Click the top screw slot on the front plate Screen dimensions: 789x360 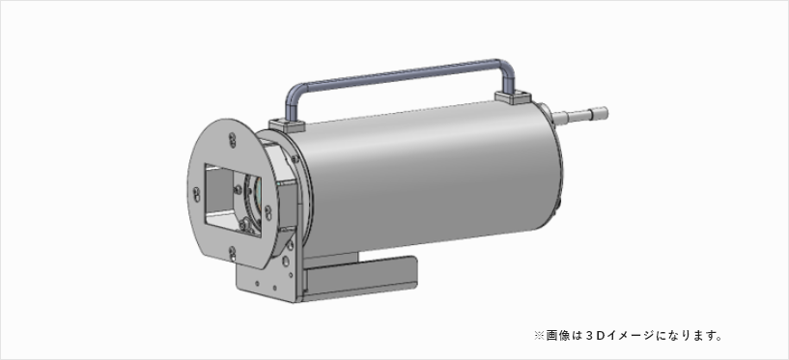(232, 139)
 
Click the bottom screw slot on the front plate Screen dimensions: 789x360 (232, 254)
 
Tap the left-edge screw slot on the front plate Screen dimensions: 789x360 (196, 194)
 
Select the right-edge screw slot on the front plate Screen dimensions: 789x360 (268, 212)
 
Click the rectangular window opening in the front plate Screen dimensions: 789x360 (233, 199)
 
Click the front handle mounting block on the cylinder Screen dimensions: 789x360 (288, 125)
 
